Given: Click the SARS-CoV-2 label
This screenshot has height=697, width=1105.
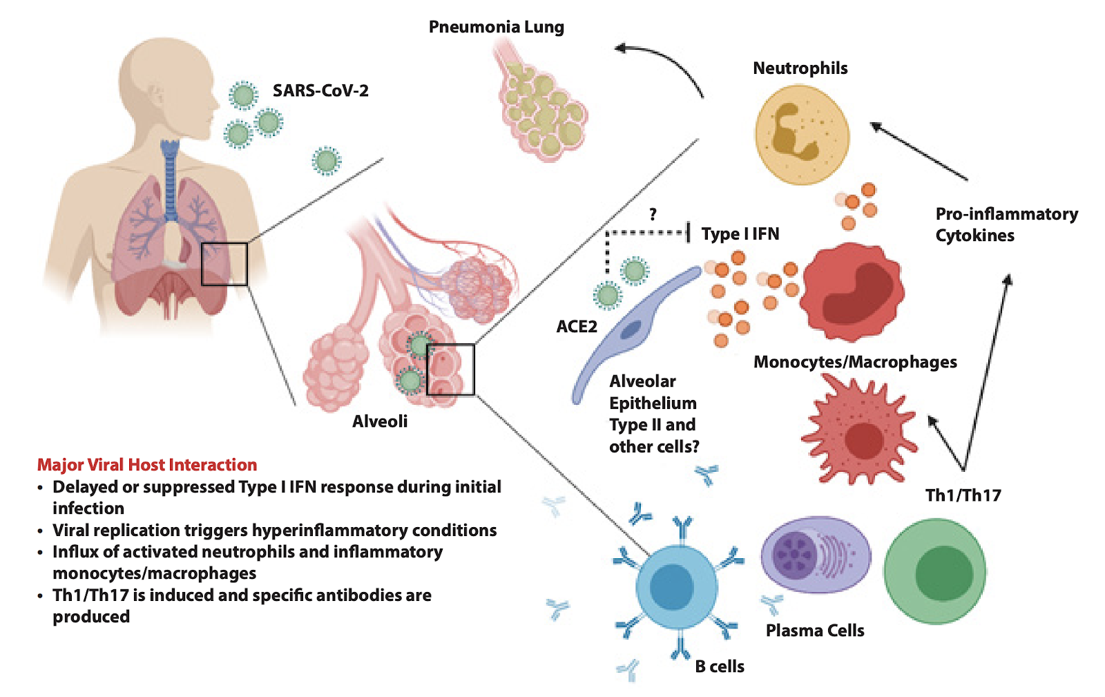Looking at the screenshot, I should pyautogui.click(x=320, y=90).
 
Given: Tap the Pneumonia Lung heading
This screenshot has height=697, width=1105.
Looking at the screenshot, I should pyautogui.click(x=496, y=27).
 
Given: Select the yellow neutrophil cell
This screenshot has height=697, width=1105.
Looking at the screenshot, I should pyautogui.click(x=802, y=135).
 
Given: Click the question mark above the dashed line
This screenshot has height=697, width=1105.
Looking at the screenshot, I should pyautogui.click(x=653, y=215).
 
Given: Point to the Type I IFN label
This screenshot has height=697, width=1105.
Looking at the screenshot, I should pyautogui.click(x=740, y=234).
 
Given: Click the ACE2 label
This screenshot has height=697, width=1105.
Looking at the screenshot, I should pyautogui.click(x=577, y=326).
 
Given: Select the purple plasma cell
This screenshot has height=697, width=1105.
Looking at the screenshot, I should pyautogui.click(x=816, y=554).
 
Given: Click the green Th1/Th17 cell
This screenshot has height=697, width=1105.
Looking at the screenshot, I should pyautogui.click(x=935, y=571).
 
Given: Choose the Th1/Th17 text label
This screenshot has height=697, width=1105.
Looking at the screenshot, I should pyautogui.click(x=963, y=495).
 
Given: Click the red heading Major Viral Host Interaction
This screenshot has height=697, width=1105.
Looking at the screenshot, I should pyautogui.click(x=147, y=465).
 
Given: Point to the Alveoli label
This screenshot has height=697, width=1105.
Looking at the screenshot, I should pyautogui.click(x=380, y=421).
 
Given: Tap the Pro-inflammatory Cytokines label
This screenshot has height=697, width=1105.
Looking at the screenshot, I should pyautogui.click(x=1006, y=225).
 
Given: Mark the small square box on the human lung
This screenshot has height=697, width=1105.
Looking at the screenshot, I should pyautogui.click(x=224, y=264).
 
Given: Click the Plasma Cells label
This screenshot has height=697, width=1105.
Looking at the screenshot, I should pyautogui.click(x=815, y=631).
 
